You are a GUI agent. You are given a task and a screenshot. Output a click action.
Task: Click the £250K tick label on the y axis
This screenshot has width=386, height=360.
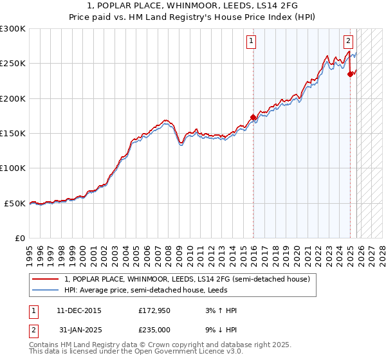[x=13, y=64]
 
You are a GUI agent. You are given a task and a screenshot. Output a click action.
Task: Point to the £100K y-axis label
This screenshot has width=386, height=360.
[x=13, y=168]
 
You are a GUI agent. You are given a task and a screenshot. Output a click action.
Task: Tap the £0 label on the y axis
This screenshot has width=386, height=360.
[x=19, y=238]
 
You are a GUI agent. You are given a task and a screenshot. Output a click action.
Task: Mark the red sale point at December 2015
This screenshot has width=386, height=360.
[x=253, y=118]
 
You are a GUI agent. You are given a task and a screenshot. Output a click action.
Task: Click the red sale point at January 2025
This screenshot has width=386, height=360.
[x=350, y=74]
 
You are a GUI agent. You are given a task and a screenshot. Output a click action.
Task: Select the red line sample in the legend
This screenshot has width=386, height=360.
[x=45, y=279]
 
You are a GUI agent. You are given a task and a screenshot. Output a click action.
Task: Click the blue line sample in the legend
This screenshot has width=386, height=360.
[x=45, y=290]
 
